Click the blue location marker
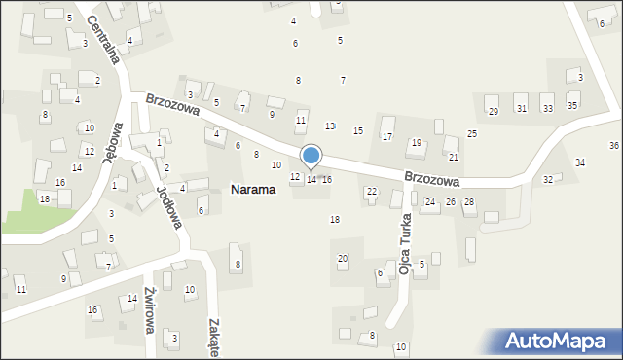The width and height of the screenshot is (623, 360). tap(311, 156)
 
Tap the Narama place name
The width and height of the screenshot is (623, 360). tap(252, 190)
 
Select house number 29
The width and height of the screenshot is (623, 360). tap(493, 111)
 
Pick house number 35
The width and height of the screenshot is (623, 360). tap(572, 105)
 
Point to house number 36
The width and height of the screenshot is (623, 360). tap(614, 145)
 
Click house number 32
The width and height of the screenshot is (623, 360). tap(548, 180)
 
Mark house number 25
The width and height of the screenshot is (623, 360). tap(472, 133)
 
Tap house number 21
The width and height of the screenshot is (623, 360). tap(453, 157)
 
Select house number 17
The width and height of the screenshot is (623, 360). tap(386, 136)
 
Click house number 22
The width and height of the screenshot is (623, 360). tap(371, 192)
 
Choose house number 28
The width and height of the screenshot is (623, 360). tap(468, 202)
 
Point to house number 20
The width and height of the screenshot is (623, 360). tap(342, 258)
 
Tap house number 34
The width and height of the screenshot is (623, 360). tap(580, 162)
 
